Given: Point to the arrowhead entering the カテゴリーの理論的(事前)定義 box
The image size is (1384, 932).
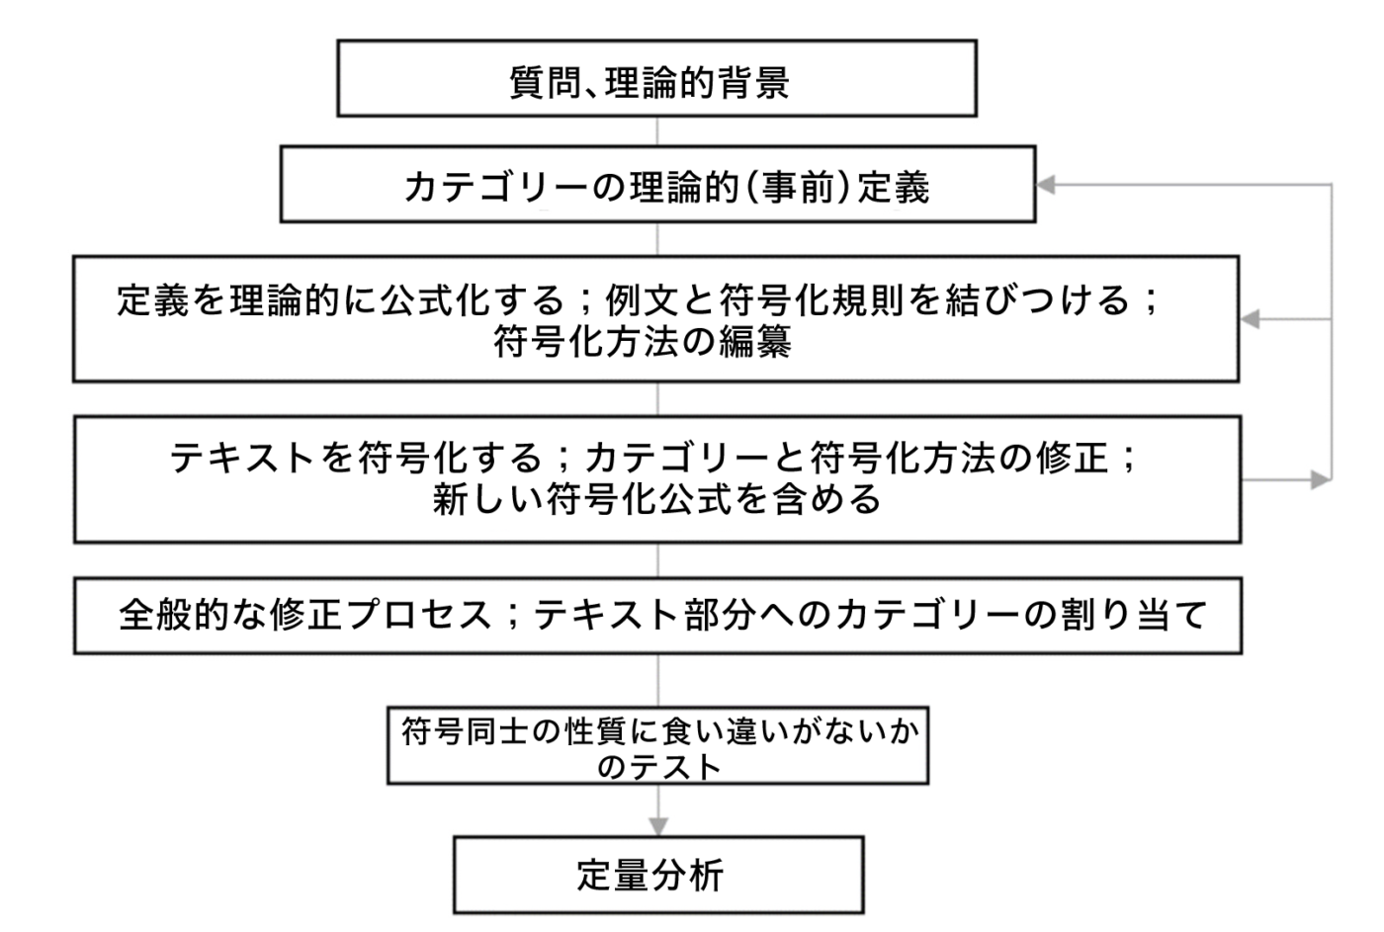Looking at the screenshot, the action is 1046,184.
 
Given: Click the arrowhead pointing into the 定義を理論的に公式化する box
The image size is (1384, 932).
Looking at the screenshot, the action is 1250,319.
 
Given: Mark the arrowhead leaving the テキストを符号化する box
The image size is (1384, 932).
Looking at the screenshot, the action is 1321,480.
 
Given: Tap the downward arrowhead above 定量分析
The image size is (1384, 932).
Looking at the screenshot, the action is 658,826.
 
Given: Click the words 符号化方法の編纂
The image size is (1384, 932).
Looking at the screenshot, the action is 643,341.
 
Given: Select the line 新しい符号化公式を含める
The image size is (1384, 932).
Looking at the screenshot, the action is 656,499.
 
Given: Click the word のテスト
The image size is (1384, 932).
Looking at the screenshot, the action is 659,768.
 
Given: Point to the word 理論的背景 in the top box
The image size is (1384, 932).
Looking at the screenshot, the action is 697,82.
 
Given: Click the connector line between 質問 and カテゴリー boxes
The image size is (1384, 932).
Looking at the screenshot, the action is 657,130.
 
